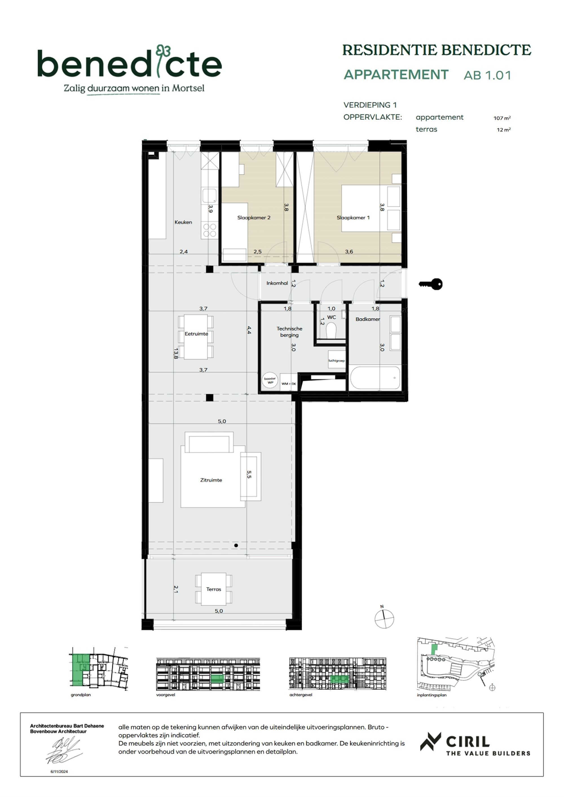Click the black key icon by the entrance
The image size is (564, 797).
(431, 284)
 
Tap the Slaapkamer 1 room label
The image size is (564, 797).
(353, 218)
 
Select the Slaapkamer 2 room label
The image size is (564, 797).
(254, 218)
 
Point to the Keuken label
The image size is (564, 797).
(183, 222)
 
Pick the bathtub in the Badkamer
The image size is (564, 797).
(375, 378)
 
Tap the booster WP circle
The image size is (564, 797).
(270, 380)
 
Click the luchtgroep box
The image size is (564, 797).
(336, 361)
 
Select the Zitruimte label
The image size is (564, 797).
(211, 480)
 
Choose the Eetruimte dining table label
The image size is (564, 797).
(196, 334)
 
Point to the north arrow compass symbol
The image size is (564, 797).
(384, 618)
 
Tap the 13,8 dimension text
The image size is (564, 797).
(176, 353)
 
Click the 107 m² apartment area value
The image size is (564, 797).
(502, 118)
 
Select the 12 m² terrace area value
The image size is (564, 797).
(503, 130)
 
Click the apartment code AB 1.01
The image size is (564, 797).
(487, 75)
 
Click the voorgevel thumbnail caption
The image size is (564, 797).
(165, 695)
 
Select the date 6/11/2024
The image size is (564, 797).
(59, 772)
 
